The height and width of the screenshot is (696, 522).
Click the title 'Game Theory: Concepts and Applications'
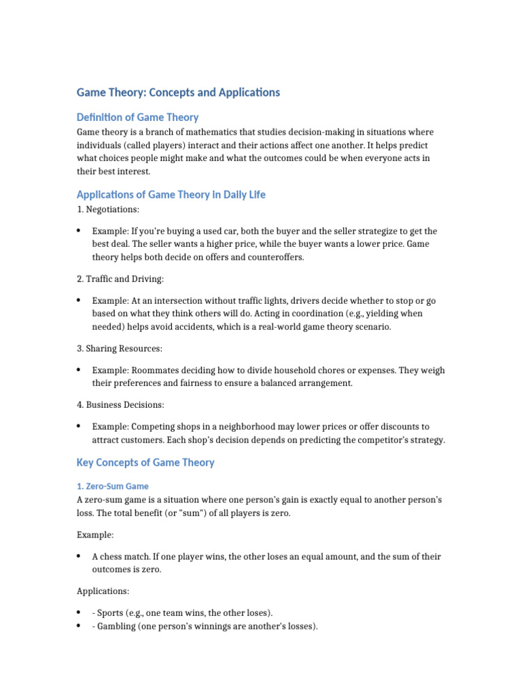pyautogui.click(x=178, y=92)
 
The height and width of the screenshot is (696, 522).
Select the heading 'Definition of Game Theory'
pyautogui.click(x=137, y=117)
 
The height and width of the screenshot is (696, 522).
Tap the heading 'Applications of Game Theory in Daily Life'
pyautogui.click(x=171, y=194)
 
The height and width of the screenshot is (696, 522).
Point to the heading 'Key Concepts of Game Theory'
pyautogui.click(x=145, y=462)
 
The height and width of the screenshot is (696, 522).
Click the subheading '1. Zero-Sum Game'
pyautogui.click(x=112, y=486)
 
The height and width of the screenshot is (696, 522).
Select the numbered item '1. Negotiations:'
pyautogui.click(x=109, y=209)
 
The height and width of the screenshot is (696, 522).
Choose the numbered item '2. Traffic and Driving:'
pyautogui.click(x=120, y=279)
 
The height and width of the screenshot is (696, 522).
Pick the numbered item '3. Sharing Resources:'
pyautogui.click(x=120, y=349)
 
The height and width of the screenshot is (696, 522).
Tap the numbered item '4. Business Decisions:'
pyautogui.click(x=120, y=405)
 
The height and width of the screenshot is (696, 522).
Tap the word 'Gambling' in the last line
pyautogui.click(x=116, y=626)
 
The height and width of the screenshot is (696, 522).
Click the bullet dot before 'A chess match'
pyautogui.click(x=80, y=557)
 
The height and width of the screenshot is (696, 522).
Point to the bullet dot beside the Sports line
pyautogui.click(x=80, y=612)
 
